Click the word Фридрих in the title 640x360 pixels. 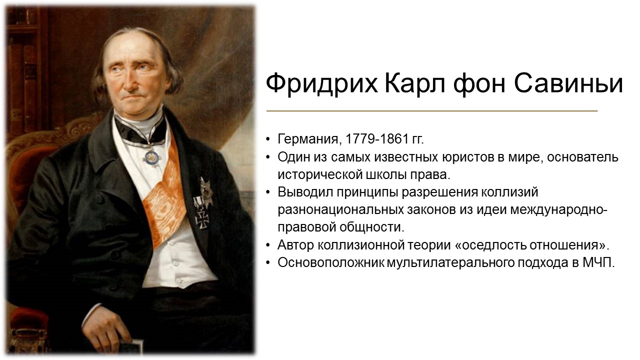coord(321,83)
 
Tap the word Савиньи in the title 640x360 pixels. coord(568,83)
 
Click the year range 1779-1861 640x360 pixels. coord(376,139)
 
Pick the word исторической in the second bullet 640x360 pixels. coord(319,175)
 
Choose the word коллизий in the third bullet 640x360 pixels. coord(509,192)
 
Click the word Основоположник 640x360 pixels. coord(330,263)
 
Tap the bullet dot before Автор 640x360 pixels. coord(267,245)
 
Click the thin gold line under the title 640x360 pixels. coord(432,110)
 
